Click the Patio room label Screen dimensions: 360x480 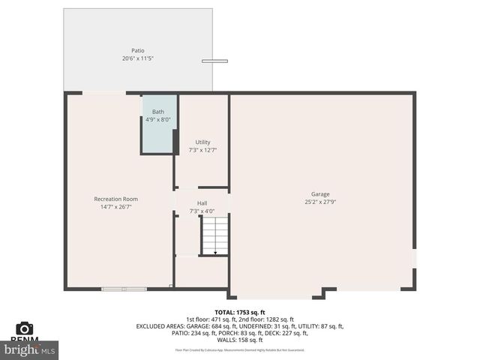point(138,51)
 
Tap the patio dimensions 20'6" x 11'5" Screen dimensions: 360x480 point(138,58)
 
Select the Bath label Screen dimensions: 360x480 point(158,112)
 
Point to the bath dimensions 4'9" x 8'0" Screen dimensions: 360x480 point(158,119)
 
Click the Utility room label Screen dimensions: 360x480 point(202,142)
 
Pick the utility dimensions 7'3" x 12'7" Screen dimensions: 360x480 point(202,150)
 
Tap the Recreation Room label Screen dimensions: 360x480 point(115,199)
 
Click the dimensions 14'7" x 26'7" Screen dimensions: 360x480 point(115,207)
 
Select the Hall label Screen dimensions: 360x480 point(202,203)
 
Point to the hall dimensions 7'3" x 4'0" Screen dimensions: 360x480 point(202,211)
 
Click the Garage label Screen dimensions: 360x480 point(320,194)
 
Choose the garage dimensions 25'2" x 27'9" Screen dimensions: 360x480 point(320,202)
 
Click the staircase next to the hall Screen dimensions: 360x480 point(214,235)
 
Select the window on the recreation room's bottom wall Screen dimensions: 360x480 point(124,288)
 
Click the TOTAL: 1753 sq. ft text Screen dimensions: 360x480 point(239,312)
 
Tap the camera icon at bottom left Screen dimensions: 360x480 point(25,328)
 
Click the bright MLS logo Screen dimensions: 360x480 point(30,349)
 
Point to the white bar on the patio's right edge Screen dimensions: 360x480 point(214,61)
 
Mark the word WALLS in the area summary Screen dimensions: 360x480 point(225,340)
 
